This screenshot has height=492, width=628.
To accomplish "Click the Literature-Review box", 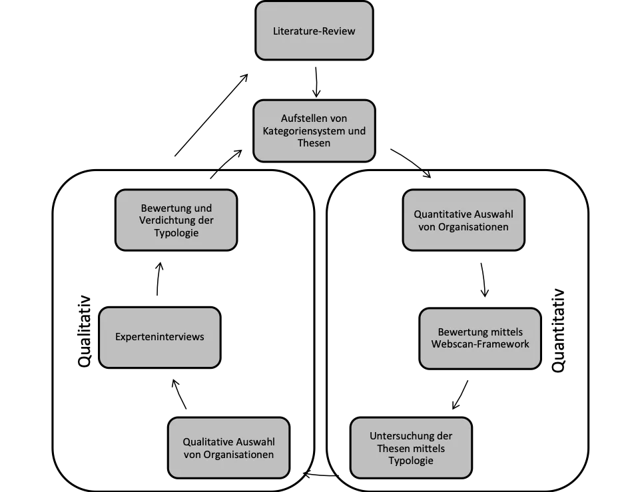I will pyautogui.click(x=314, y=31).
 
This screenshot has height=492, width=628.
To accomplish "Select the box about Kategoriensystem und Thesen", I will pyautogui.click(x=314, y=130).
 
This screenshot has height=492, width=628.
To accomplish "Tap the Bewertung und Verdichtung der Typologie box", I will pyautogui.click(x=176, y=220).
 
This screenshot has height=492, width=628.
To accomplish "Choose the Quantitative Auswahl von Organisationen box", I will pyautogui.click(x=464, y=220).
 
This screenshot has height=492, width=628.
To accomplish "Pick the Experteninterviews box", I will pyautogui.click(x=159, y=337).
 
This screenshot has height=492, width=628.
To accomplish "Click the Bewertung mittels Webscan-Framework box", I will pyautogui.click(x=479, y=338).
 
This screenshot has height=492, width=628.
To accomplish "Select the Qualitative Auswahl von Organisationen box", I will pyautogui.click(x=228, y=448).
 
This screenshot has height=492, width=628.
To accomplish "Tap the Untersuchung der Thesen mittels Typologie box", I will pyautogui.click(x=410, y=448).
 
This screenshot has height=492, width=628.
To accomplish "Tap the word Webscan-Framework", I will pyautogui.click(x=480, y=344).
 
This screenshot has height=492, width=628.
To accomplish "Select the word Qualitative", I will pyautogui.click(x=207, y=442).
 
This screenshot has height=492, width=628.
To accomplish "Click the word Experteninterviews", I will pyautogui.click(x=159, y=337).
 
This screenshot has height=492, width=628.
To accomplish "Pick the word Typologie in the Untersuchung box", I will pyautogui.click(x=411, y=461).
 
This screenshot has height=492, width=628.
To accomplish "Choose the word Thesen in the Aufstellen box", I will pyautogui.click(x=314, y=142).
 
